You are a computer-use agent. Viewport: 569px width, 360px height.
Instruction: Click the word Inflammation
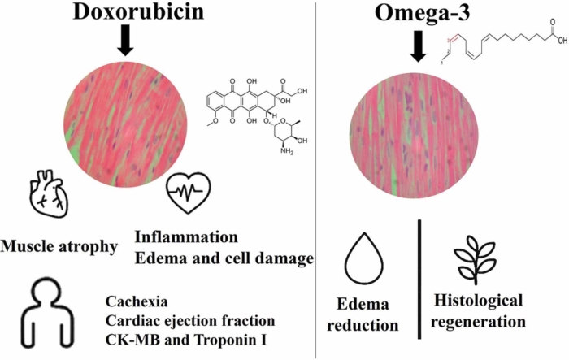click(x=186, y=237)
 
